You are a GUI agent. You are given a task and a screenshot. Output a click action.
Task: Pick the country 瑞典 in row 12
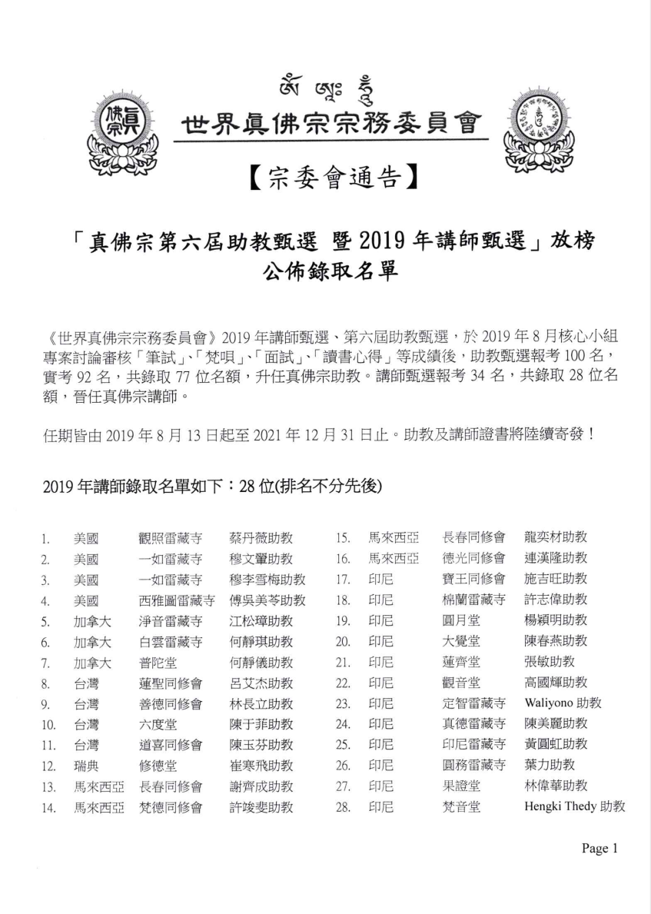tap(86, 766)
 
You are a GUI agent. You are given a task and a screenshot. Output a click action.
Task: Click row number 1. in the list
tap(46, 538)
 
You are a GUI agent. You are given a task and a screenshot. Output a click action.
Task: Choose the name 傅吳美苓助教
tap(267, 600)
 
